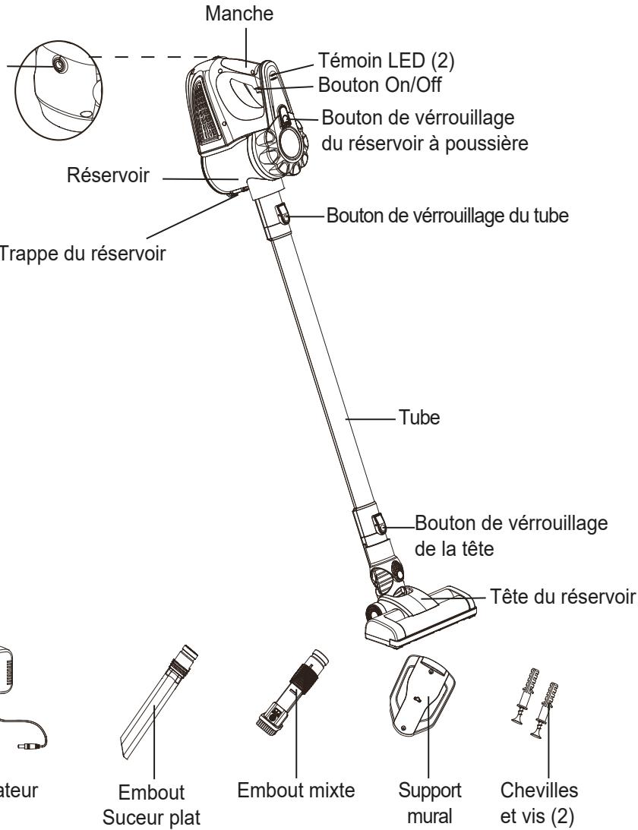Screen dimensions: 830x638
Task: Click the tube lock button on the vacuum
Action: point(283,213)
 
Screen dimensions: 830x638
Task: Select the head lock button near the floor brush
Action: point(377,524)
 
